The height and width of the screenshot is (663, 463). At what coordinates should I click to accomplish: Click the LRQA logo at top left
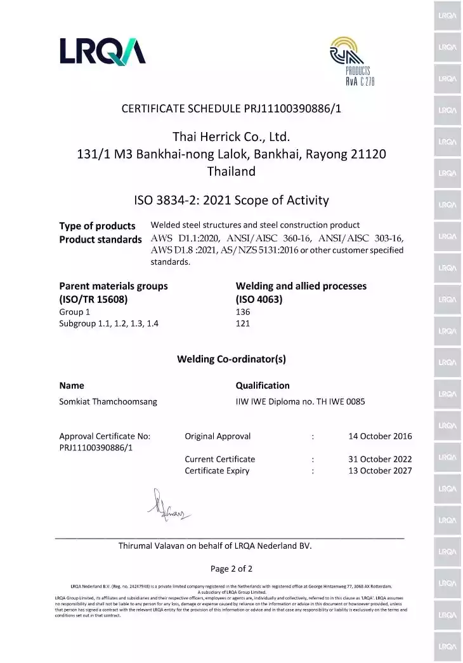click(103, 51)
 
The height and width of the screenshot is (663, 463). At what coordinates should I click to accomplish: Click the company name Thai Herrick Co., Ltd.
click(231, 137)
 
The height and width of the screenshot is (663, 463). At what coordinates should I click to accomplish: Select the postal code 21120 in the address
click(368, 154)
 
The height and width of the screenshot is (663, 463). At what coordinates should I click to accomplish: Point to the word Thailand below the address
click(231, 171)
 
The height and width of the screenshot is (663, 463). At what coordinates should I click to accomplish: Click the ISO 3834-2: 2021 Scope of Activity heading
click(231, 201)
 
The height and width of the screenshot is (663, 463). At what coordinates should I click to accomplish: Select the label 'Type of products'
click(97, 226)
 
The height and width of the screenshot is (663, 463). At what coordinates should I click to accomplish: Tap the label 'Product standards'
click(100, 239)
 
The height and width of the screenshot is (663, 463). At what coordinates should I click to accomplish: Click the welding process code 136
click(243, 312)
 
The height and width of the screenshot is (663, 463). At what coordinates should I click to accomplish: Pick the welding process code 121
click(243, 323)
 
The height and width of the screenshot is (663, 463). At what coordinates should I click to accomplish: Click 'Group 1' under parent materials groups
click(75, 312)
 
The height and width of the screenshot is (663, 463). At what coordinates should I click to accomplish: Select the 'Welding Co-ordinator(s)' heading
click(231, 359)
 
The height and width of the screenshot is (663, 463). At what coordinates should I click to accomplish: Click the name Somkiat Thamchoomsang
click(108, 401)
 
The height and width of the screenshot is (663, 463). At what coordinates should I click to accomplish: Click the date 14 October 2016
click(380, 436)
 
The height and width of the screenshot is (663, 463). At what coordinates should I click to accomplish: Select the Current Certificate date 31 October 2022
click(380, 459)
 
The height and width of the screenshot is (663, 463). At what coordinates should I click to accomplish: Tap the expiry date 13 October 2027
click(380, 471)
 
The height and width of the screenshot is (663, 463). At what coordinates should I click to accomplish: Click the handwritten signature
click(167, 506)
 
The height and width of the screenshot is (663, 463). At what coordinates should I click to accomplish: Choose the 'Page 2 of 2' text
click(231, 568)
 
